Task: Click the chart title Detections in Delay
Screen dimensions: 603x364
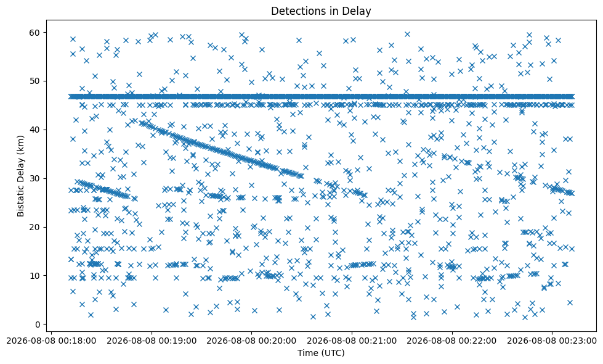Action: coord(321,10)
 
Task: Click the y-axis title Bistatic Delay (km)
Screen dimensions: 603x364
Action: coord(20,176)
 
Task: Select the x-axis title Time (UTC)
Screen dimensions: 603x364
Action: coord(321,353)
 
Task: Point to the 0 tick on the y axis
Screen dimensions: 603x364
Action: coord(38,325)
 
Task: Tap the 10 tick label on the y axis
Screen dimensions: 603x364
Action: coord(35,276)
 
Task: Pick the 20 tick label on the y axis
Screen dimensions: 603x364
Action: coord(35,227)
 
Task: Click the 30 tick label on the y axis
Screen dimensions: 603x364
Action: coord(35,178)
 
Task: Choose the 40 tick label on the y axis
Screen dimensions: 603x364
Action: coord(35,130)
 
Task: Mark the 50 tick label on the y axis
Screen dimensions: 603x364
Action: coord(35,81)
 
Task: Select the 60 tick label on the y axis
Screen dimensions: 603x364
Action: coord(35,32)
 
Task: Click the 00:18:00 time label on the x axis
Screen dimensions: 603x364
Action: coord(52,341)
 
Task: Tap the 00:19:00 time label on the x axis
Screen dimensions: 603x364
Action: coord(152,341)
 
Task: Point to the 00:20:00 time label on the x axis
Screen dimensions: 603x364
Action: coord(251,341)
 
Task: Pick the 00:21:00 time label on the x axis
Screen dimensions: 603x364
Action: coord(352,341)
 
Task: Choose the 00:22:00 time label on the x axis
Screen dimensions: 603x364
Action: coord(451,341)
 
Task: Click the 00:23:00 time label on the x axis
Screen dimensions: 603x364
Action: coord(551,341)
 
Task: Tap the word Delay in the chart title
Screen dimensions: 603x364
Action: coord(357,12)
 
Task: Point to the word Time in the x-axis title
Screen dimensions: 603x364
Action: coord(306,353)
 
